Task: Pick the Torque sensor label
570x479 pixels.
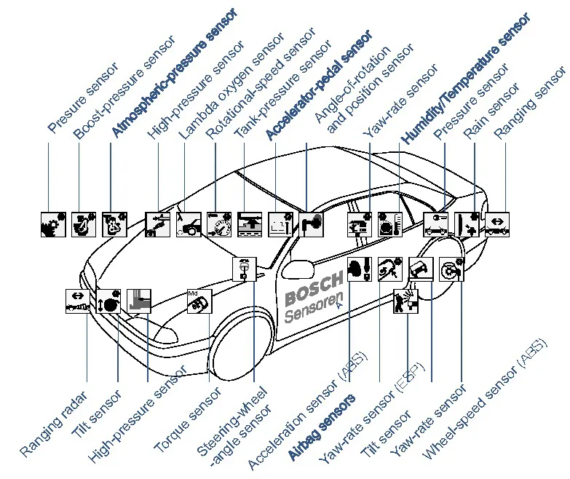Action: click(188, 419)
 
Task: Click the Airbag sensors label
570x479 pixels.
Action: click(321, 427)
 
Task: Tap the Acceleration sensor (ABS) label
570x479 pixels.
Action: click(306, 411)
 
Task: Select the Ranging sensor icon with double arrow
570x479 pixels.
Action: click(498, 223)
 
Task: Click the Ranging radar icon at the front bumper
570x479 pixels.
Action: click(76, 301)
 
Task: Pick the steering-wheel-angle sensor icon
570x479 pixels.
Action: click(245, 269)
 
